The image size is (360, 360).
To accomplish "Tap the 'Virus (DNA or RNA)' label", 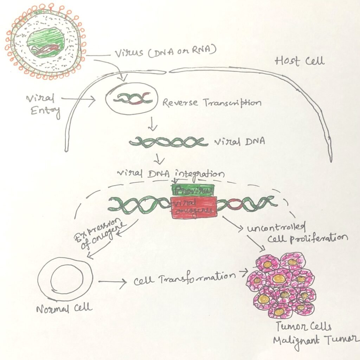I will pos(165,54).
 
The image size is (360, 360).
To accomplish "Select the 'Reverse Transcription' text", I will pos(212,103).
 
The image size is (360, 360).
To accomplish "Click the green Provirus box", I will pos(193,190).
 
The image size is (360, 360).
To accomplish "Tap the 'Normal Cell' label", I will pos(64,308).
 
